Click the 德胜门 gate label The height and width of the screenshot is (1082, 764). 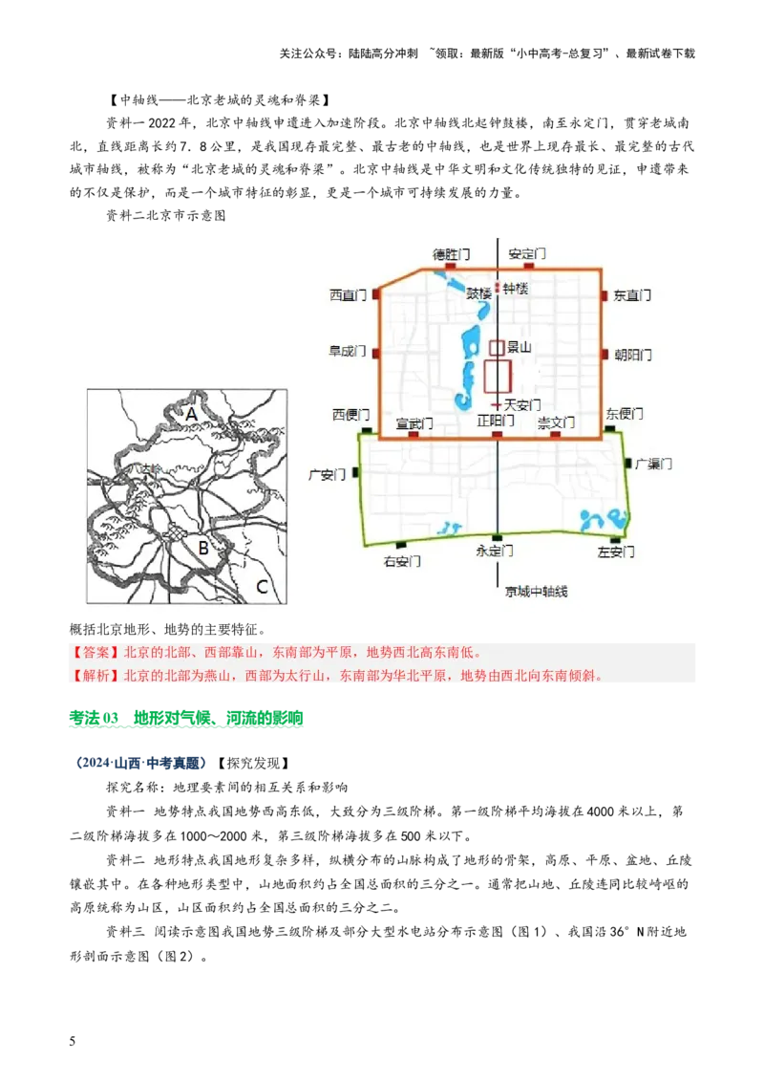[451, 255]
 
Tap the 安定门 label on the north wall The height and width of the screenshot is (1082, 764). [526, 255]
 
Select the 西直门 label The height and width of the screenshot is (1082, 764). [348, 295]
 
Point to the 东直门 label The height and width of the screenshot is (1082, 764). [632, 296]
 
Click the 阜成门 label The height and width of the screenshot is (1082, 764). [348, 352]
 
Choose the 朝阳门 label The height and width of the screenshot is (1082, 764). [632, 355]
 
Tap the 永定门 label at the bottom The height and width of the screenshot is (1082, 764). [495, 552]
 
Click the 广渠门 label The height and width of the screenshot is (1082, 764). [654, 464]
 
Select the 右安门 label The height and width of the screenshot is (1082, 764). [402, 561]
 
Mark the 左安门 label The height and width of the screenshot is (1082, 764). [616, 552]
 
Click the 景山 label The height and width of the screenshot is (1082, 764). [519, 348]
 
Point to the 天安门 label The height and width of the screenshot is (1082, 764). [522, 405]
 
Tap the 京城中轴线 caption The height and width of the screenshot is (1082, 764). [536, 592]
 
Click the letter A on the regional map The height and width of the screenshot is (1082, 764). [191, 414]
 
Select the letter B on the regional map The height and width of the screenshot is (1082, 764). [202, 548]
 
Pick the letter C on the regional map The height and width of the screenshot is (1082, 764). [260, 586]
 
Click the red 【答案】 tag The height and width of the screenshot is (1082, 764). [93, 654]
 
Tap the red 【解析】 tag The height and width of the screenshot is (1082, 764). [93, 677]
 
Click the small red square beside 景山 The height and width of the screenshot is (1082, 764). [497, 348]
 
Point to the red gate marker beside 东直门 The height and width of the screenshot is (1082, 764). [605, 296]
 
